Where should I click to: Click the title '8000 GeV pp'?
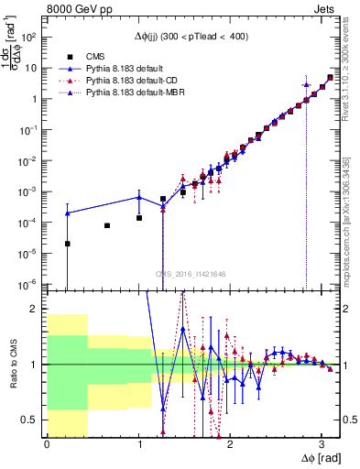[77, 7]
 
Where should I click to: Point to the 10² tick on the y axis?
[30, 38]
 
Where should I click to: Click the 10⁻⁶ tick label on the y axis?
[30, 284]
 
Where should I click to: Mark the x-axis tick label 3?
[321, 445]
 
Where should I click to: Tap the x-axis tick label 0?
[47, 445]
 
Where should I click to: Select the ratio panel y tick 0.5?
[34, 420]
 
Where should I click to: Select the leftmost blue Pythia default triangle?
[67, 213]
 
